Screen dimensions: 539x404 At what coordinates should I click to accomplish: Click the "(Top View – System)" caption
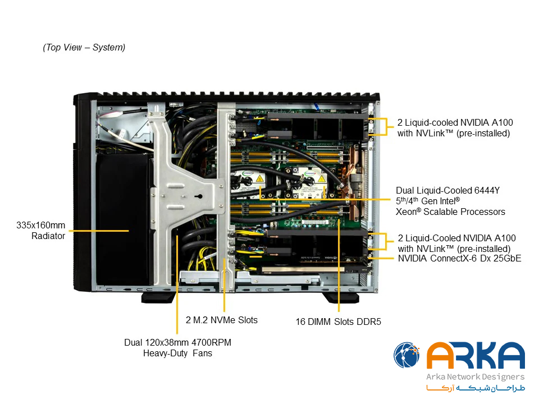(84, 47)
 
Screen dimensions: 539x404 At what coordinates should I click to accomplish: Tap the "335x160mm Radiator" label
(41, 231)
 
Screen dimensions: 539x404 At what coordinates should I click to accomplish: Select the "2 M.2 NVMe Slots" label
(222, 320)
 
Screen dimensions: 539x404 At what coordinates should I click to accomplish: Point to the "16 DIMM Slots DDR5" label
(338, 322)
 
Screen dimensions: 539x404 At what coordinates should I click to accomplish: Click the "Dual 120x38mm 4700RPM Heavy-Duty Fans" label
(178, 348)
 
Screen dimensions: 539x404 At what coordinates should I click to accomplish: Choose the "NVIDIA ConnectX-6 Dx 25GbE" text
(460, 258)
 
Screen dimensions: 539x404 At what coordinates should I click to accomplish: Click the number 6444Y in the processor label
(487, 190)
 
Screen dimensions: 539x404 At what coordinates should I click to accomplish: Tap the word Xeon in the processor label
(406, 212)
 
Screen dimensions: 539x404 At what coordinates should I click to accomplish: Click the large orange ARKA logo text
(476, 356)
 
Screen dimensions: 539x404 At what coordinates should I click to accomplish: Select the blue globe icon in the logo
(406, 355)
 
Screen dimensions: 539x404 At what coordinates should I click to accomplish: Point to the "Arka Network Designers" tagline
(476, 377)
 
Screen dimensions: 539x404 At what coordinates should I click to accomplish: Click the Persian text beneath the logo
(476, 388)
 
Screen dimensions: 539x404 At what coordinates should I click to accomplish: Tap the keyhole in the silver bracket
(199, 196)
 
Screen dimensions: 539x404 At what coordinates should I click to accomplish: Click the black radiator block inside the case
(124, 220)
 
